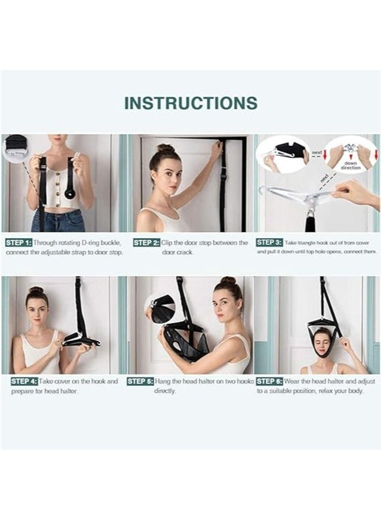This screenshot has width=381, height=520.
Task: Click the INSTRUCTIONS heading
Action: (x=190, y=103)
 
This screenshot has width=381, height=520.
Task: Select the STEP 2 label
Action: (x=146, y=243)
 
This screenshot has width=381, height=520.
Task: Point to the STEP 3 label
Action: (x=269, y=243)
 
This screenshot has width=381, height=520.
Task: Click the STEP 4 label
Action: (x=24, y=381)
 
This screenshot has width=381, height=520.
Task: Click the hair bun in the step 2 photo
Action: (x=166, y=148)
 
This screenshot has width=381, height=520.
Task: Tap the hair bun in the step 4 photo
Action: (x=36, y=290)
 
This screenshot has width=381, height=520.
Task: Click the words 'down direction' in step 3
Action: (x=350, y=165)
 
